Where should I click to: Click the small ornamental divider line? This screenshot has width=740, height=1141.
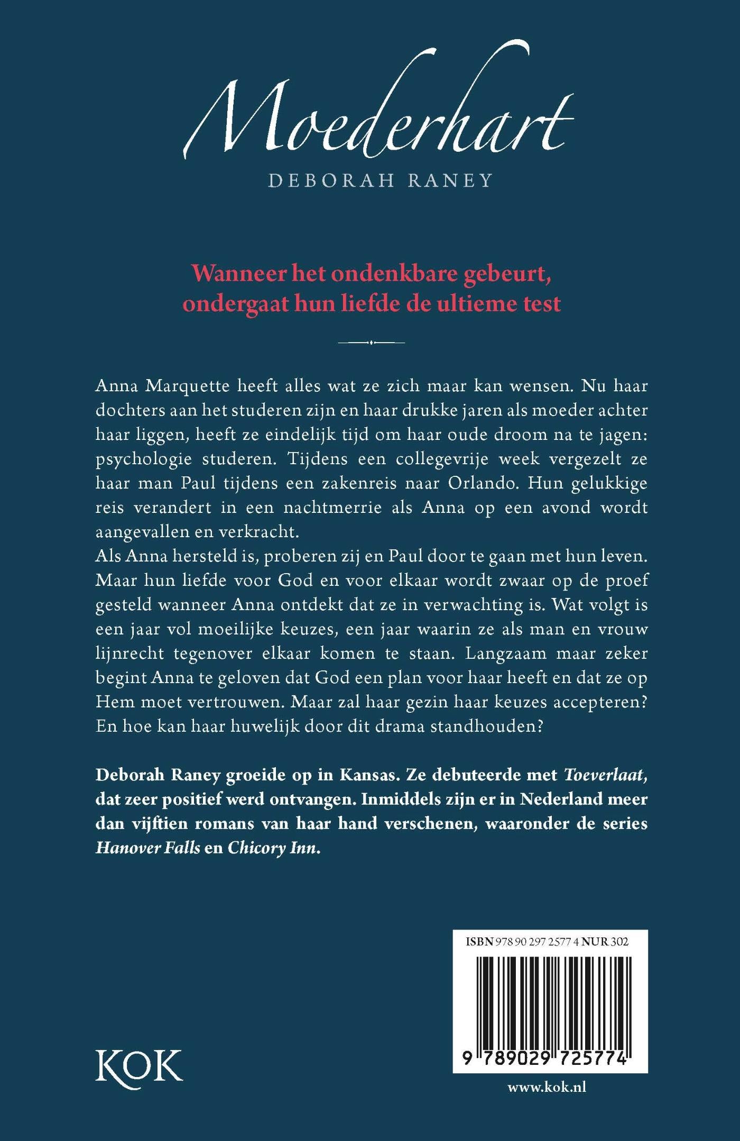tap(371, 343)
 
